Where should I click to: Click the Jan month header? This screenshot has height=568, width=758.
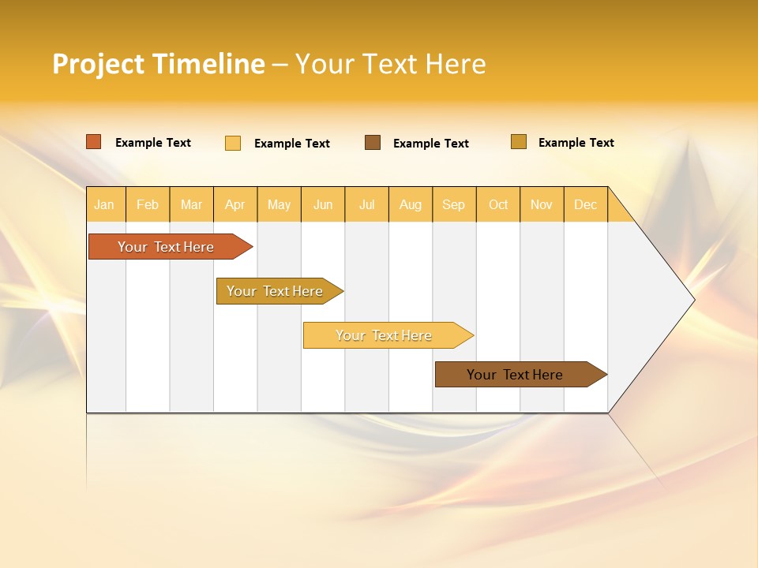[x=105, y=204]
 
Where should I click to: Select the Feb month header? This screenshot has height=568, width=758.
[x=148, y=204]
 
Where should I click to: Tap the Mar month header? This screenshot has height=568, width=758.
[x=191, y=204]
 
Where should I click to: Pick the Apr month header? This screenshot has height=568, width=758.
[x=235, y=204]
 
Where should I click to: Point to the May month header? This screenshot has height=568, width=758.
[x=279, y=204]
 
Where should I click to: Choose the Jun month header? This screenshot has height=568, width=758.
[x=323, y=204]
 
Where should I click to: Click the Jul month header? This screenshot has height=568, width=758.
[x=366, y=204]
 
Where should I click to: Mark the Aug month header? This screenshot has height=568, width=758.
[x=411, y=204]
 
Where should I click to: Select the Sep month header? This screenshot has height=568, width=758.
[x=454, y=204]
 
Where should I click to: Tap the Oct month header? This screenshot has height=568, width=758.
[x=498, y=204]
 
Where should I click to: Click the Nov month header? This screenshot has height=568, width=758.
[x=542, y=204]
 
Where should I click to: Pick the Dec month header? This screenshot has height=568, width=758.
[x=586, y=204]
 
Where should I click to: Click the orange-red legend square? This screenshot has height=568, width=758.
[x=94, y=142]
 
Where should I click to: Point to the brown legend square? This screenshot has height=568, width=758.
[x=373, y=142]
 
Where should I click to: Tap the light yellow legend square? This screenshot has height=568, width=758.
[x=233, y=143]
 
